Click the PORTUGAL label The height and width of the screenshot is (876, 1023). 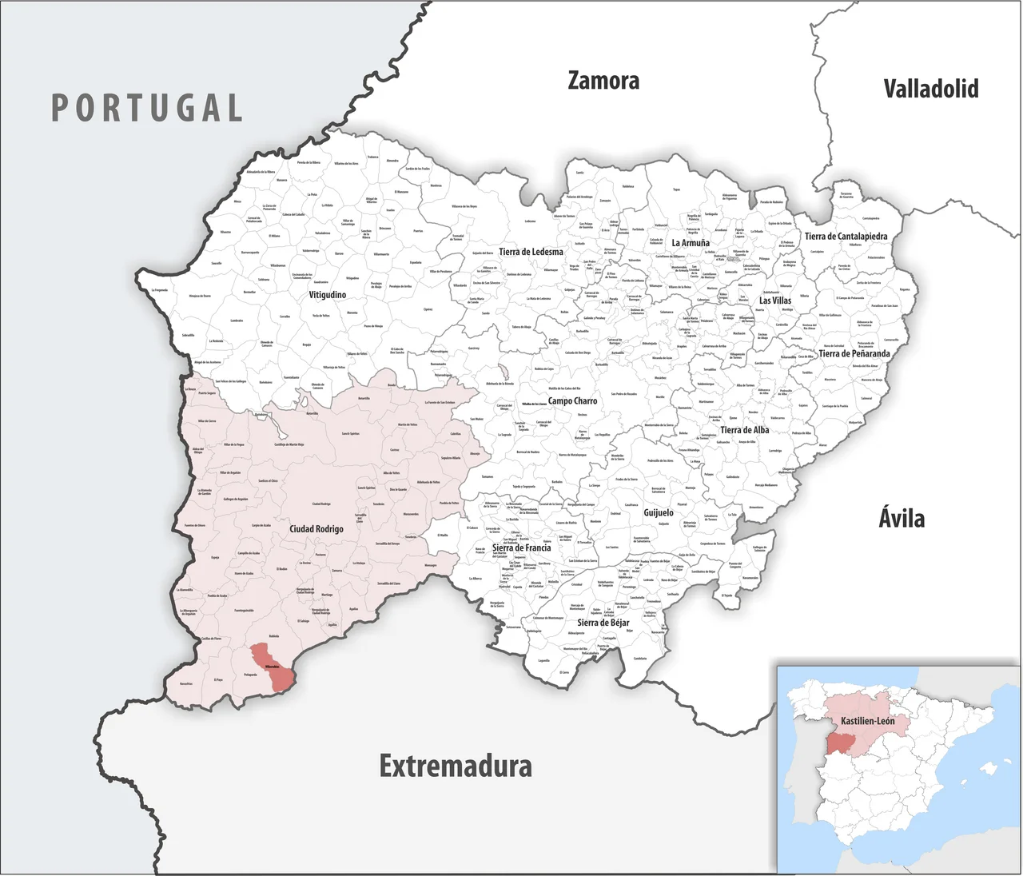coord(147,108)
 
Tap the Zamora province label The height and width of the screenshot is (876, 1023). coord(603,81)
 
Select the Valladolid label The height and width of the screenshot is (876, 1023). coord(931,88)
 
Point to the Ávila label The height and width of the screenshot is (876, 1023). coord(902,518)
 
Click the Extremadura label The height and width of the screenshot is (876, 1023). coord(456,766)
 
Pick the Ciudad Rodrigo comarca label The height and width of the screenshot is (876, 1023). coord(316,529)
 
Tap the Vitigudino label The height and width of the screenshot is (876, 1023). coord(328,295)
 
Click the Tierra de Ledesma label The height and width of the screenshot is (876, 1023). coord(531,252)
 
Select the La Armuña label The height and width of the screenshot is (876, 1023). coord(691,243)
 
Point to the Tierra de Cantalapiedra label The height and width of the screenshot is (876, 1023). coord(846,237)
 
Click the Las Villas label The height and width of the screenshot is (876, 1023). coord(775,301)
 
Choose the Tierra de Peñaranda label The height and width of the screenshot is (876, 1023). coord(854,353)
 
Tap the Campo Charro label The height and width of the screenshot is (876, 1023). coord(572,401)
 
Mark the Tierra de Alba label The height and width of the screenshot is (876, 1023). coord(744,430)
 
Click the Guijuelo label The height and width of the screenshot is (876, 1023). coord(659,512)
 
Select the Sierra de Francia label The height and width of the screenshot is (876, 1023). coord(521,548)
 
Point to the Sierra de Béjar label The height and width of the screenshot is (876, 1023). coord(603,623)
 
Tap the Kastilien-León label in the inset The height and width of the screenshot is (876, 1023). coord(868,721)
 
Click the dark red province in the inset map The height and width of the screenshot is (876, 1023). coord(841,743)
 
